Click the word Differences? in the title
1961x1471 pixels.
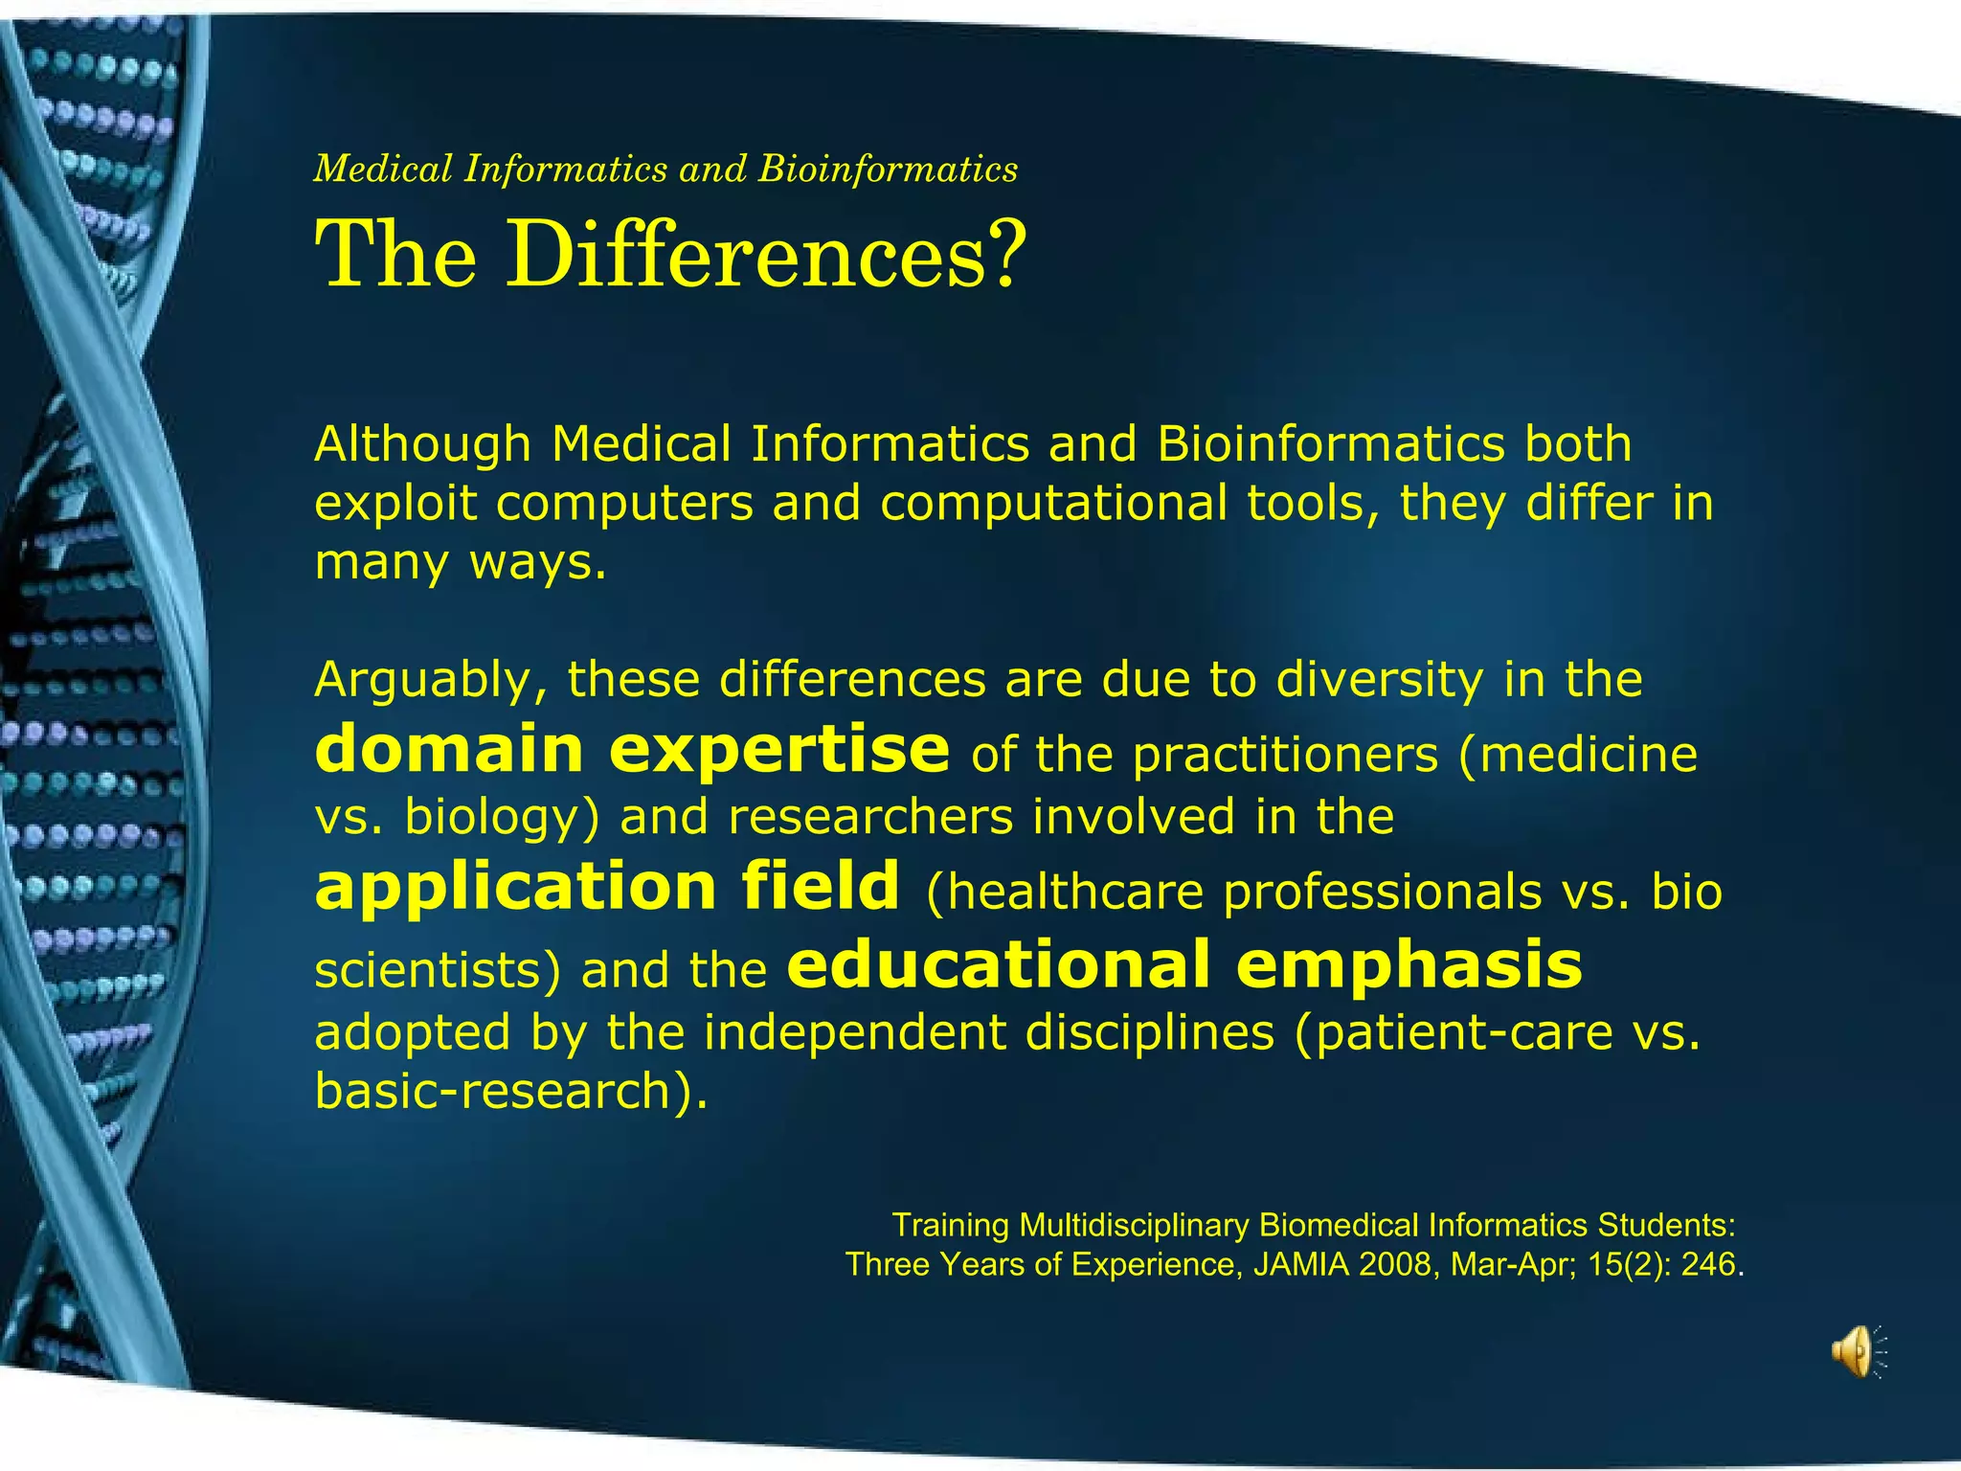[x=766, y=255]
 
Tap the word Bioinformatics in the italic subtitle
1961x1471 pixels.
[x=888, y=170]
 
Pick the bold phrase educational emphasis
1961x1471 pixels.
[x=1184, y=964]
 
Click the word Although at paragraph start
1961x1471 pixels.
[x=422, y=444]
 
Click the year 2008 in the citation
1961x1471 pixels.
[x=1396, y=1265]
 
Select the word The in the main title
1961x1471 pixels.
[x=395, y=255]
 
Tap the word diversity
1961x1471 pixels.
[x=1380, y=680]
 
